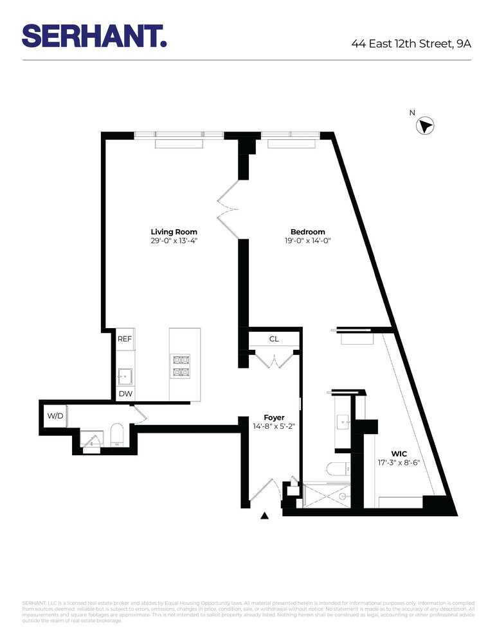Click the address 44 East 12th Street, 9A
(411, 44)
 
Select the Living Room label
(174, 232)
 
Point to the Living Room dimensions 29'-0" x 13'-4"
(174, 241)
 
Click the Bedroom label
(307, 232)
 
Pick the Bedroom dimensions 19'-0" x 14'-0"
(307, 241)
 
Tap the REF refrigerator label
(125, 338)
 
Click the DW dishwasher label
(125, 394)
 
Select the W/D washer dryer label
(55, 416)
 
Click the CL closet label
(274, 338)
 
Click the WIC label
(399, 453)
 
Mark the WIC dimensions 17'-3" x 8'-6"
(399, 463)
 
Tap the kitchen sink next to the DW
(125, 376)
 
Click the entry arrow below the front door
(264, 515)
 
